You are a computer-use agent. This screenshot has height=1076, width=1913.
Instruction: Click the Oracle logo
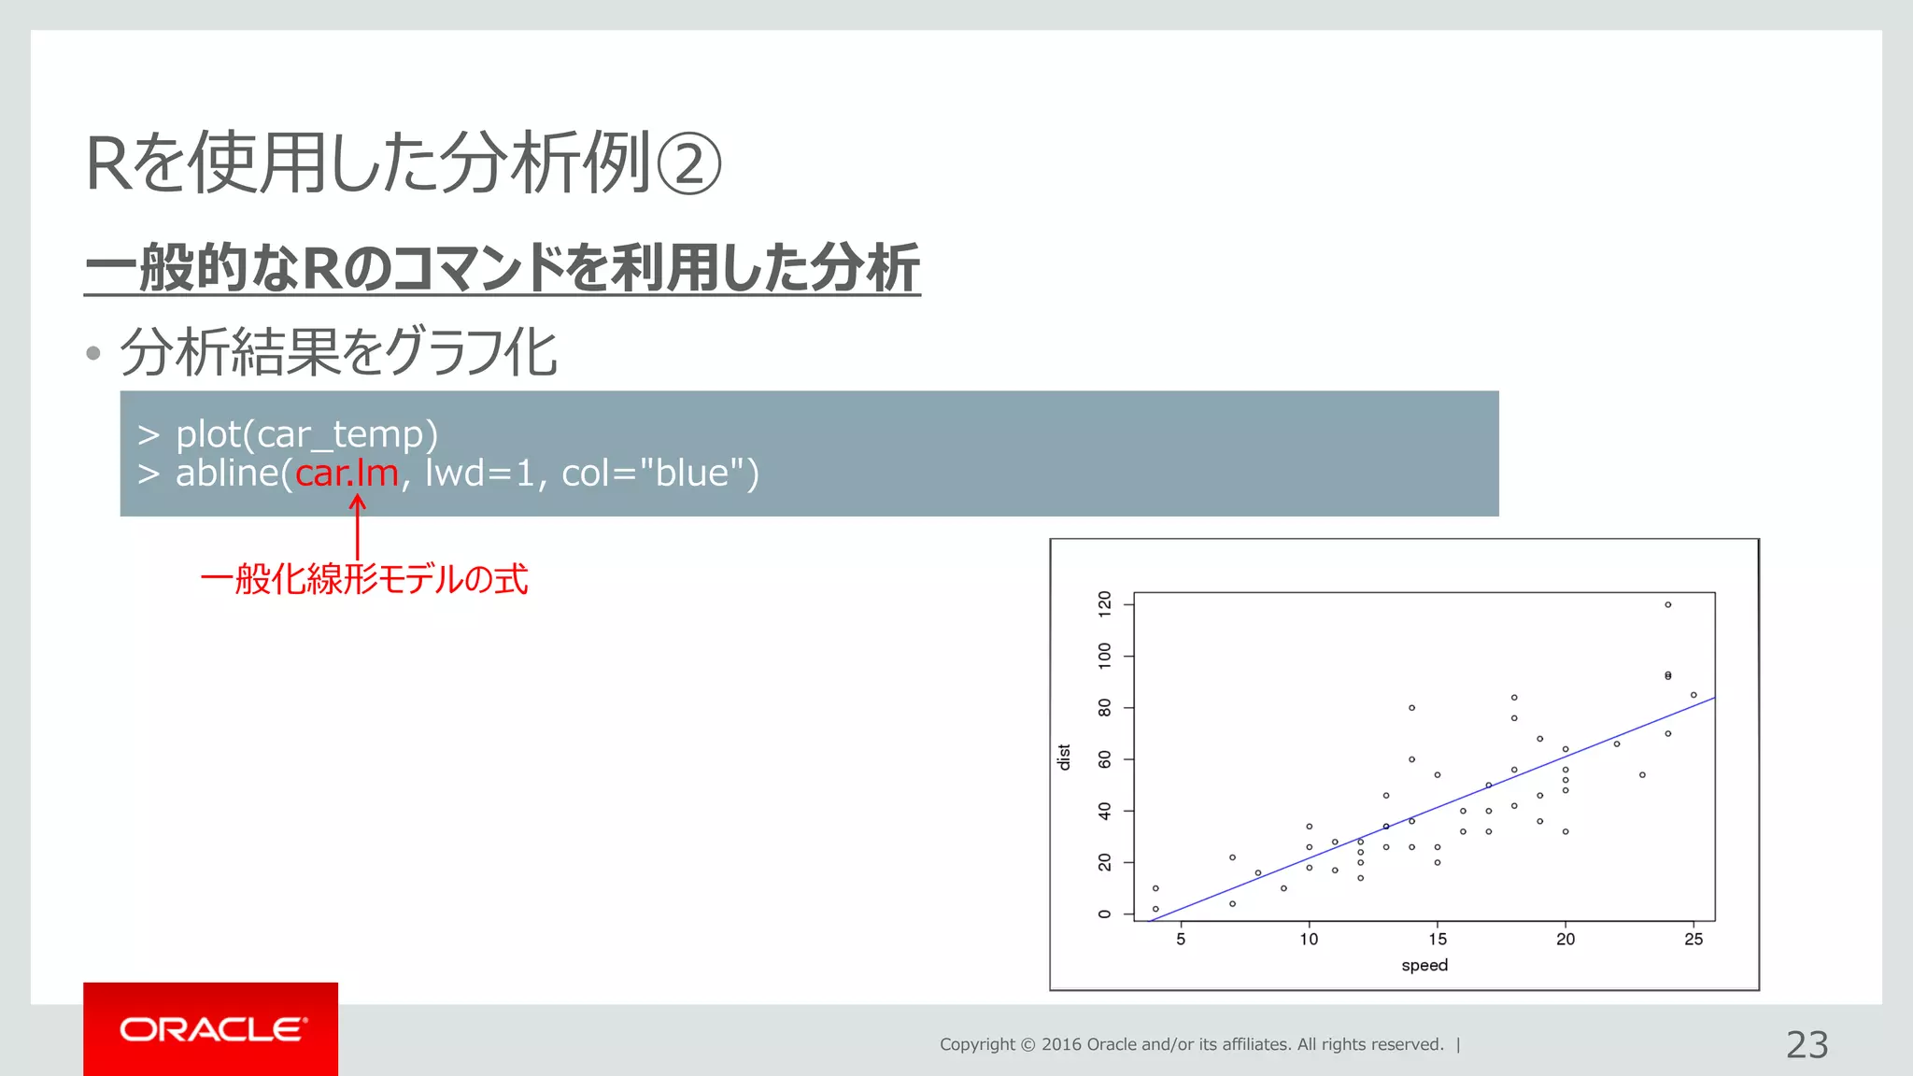(x=211, y=1029)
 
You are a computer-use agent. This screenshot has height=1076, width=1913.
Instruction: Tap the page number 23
(x=1807, y=1044)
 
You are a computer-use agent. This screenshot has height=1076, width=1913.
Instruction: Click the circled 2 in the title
(x=689, y=164)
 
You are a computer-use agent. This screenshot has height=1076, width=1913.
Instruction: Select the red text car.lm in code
(x=347, y=474)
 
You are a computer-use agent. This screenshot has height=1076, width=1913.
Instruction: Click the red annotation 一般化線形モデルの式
(x=364, y=579)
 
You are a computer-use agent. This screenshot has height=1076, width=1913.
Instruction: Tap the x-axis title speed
(x=1424, y=965)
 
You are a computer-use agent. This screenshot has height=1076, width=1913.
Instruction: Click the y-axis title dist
(x=1063, y=757)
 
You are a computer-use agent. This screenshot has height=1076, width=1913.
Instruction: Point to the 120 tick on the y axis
(x=1105, y=604)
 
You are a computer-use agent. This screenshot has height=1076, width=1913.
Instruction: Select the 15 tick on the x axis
(x=1438, y=940)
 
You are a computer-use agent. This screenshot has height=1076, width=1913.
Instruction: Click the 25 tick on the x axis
(x=1693, y=940)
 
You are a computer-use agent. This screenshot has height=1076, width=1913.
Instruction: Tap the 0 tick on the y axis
(x=1105, y=913)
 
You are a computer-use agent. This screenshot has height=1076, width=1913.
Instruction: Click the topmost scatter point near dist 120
(x=1667, y=604)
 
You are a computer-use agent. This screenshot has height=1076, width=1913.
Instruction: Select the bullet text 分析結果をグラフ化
(x=338, y=353)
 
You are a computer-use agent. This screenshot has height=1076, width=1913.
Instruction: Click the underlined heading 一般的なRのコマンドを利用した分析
(x=502, y=268)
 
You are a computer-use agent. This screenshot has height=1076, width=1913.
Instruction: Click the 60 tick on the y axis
(x=1105, y=759)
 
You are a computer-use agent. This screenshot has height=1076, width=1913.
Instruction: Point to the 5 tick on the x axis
(x=1181, y=940)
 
